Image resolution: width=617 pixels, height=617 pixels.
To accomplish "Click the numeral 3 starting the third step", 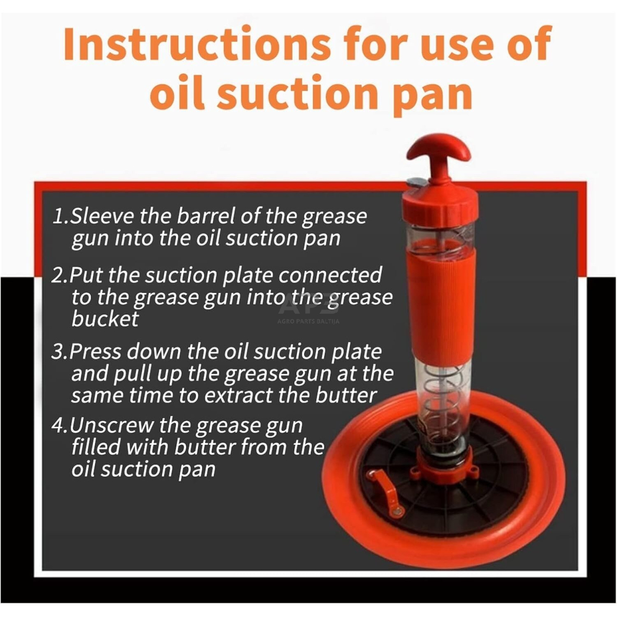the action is pos(58,351).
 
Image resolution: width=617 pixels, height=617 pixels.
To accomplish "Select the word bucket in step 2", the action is pos(105,318).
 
